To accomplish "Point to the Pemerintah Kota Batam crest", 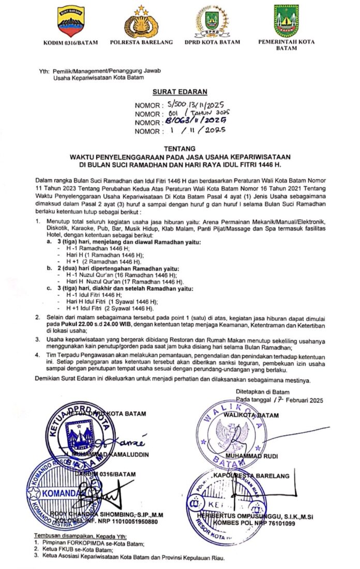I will [287, 21].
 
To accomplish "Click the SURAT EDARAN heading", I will [179, 92].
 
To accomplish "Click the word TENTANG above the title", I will [179, 147].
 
